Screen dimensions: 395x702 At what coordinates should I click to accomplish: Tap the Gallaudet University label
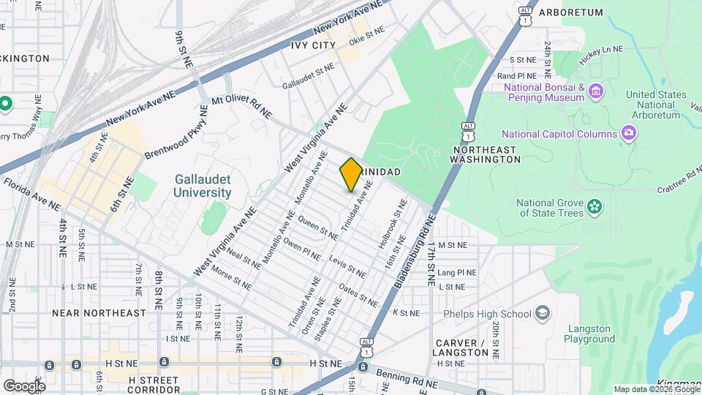click(203, 186)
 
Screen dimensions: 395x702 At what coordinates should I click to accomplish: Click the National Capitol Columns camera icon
click(627, 132)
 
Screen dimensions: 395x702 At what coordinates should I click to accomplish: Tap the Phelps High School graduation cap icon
click(542, 313)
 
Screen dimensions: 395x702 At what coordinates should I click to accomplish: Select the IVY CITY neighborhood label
click(314, 45)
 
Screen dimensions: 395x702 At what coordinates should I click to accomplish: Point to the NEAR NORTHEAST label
click(99, 312)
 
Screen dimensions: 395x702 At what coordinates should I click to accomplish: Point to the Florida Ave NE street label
click(32, 194)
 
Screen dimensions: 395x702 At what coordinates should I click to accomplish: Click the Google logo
click(24, 385)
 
